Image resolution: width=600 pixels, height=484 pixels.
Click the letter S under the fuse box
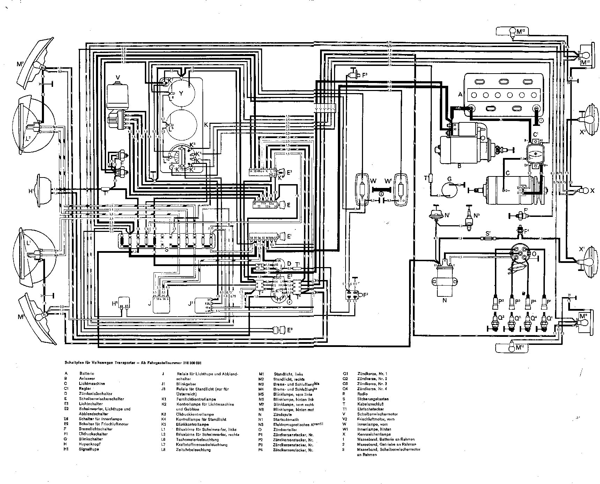(x=167, y=250)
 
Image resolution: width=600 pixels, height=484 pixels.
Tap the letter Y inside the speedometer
(x=181, y=93)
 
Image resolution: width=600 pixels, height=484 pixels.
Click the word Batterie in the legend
(x=87, y=373)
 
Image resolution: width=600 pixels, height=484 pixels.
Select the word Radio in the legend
(x=362, y=394)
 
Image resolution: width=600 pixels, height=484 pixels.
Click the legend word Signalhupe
(x=89, y=449)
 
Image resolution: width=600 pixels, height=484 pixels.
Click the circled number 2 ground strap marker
(x=382, y=194)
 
